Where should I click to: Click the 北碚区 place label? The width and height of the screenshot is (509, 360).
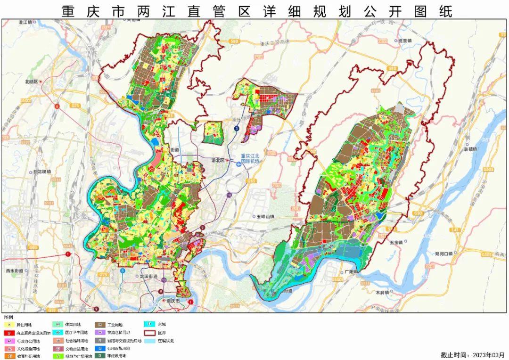pyautogui.click(x=32, y=82)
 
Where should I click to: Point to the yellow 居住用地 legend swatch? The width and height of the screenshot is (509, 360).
pyautogui.click(x=9, y=325)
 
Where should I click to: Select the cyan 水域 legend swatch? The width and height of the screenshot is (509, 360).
pyautogui.click(x=148, y=325)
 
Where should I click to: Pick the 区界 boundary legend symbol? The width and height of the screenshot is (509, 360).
pyautogui.click(x=148, y=333)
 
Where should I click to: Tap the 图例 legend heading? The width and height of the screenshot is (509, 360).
pyautogui.click(x=8, y=316)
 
